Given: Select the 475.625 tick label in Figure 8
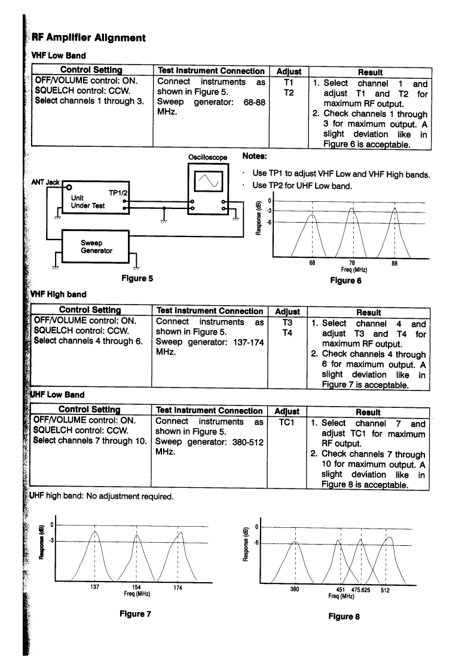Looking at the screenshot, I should coord(360,589).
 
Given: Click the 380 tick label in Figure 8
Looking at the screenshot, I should coord(294,589).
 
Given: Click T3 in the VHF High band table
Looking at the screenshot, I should coord(288,322).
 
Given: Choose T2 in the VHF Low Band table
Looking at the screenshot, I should coord(288,93).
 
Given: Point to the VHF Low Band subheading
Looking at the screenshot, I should coord(52,57).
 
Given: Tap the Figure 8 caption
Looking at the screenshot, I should coord(343,617).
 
